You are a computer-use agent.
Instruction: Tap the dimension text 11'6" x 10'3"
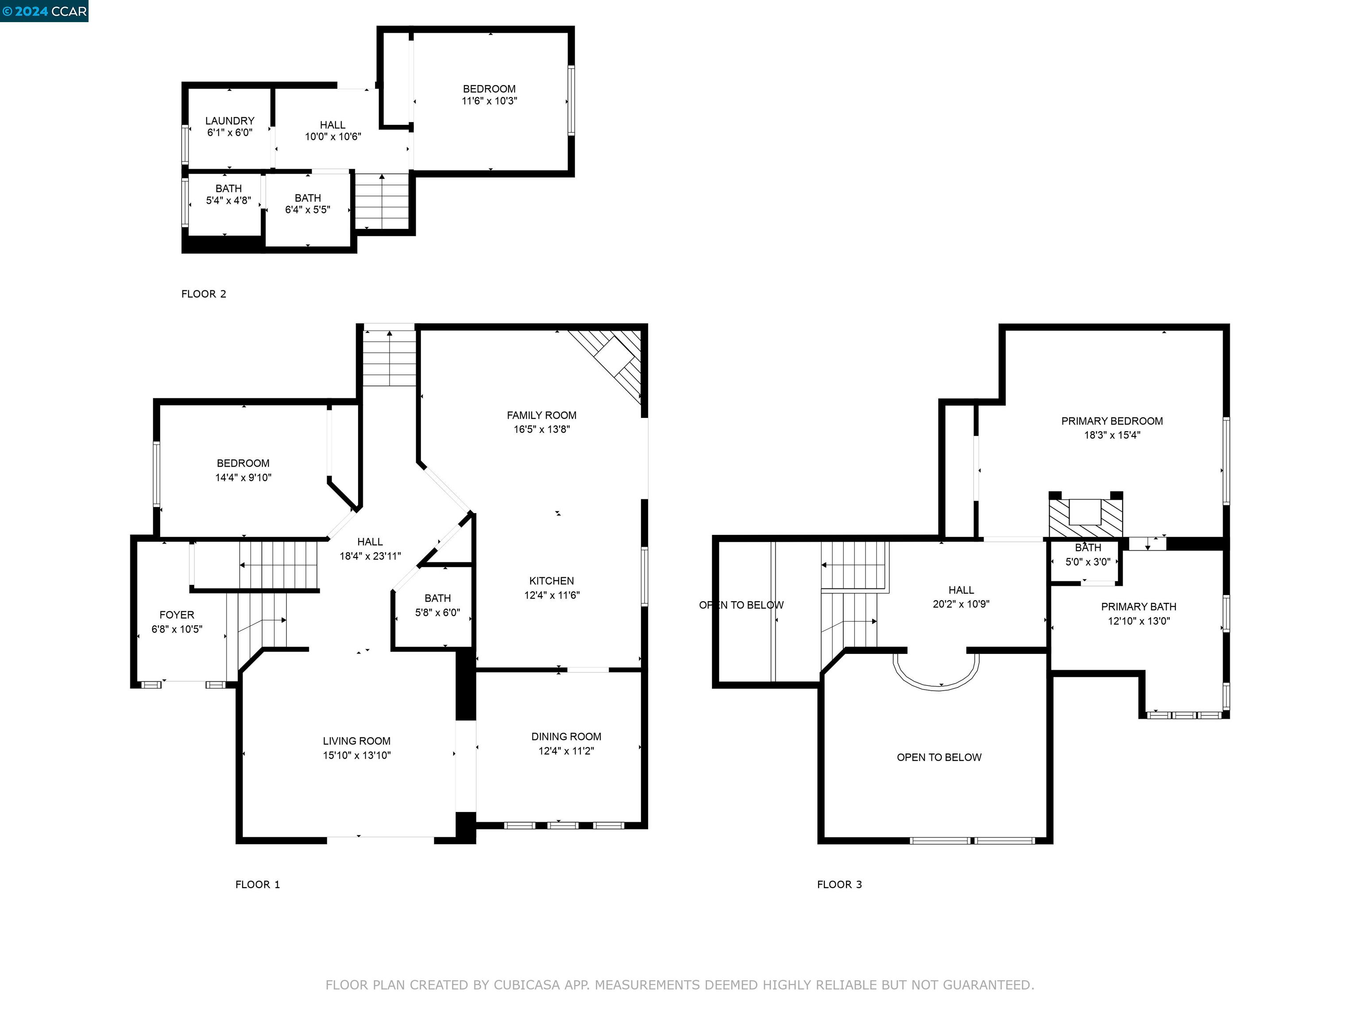489,101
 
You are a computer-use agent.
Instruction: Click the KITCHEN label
552,581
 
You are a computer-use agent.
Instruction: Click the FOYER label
177,615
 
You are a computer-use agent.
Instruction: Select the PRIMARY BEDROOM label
1112,421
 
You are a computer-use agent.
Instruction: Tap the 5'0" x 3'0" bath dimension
1088,562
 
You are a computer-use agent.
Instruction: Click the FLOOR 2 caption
204,294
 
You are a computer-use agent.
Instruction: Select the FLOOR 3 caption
839,885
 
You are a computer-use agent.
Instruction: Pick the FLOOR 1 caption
258,885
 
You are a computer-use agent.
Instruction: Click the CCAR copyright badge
44,11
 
